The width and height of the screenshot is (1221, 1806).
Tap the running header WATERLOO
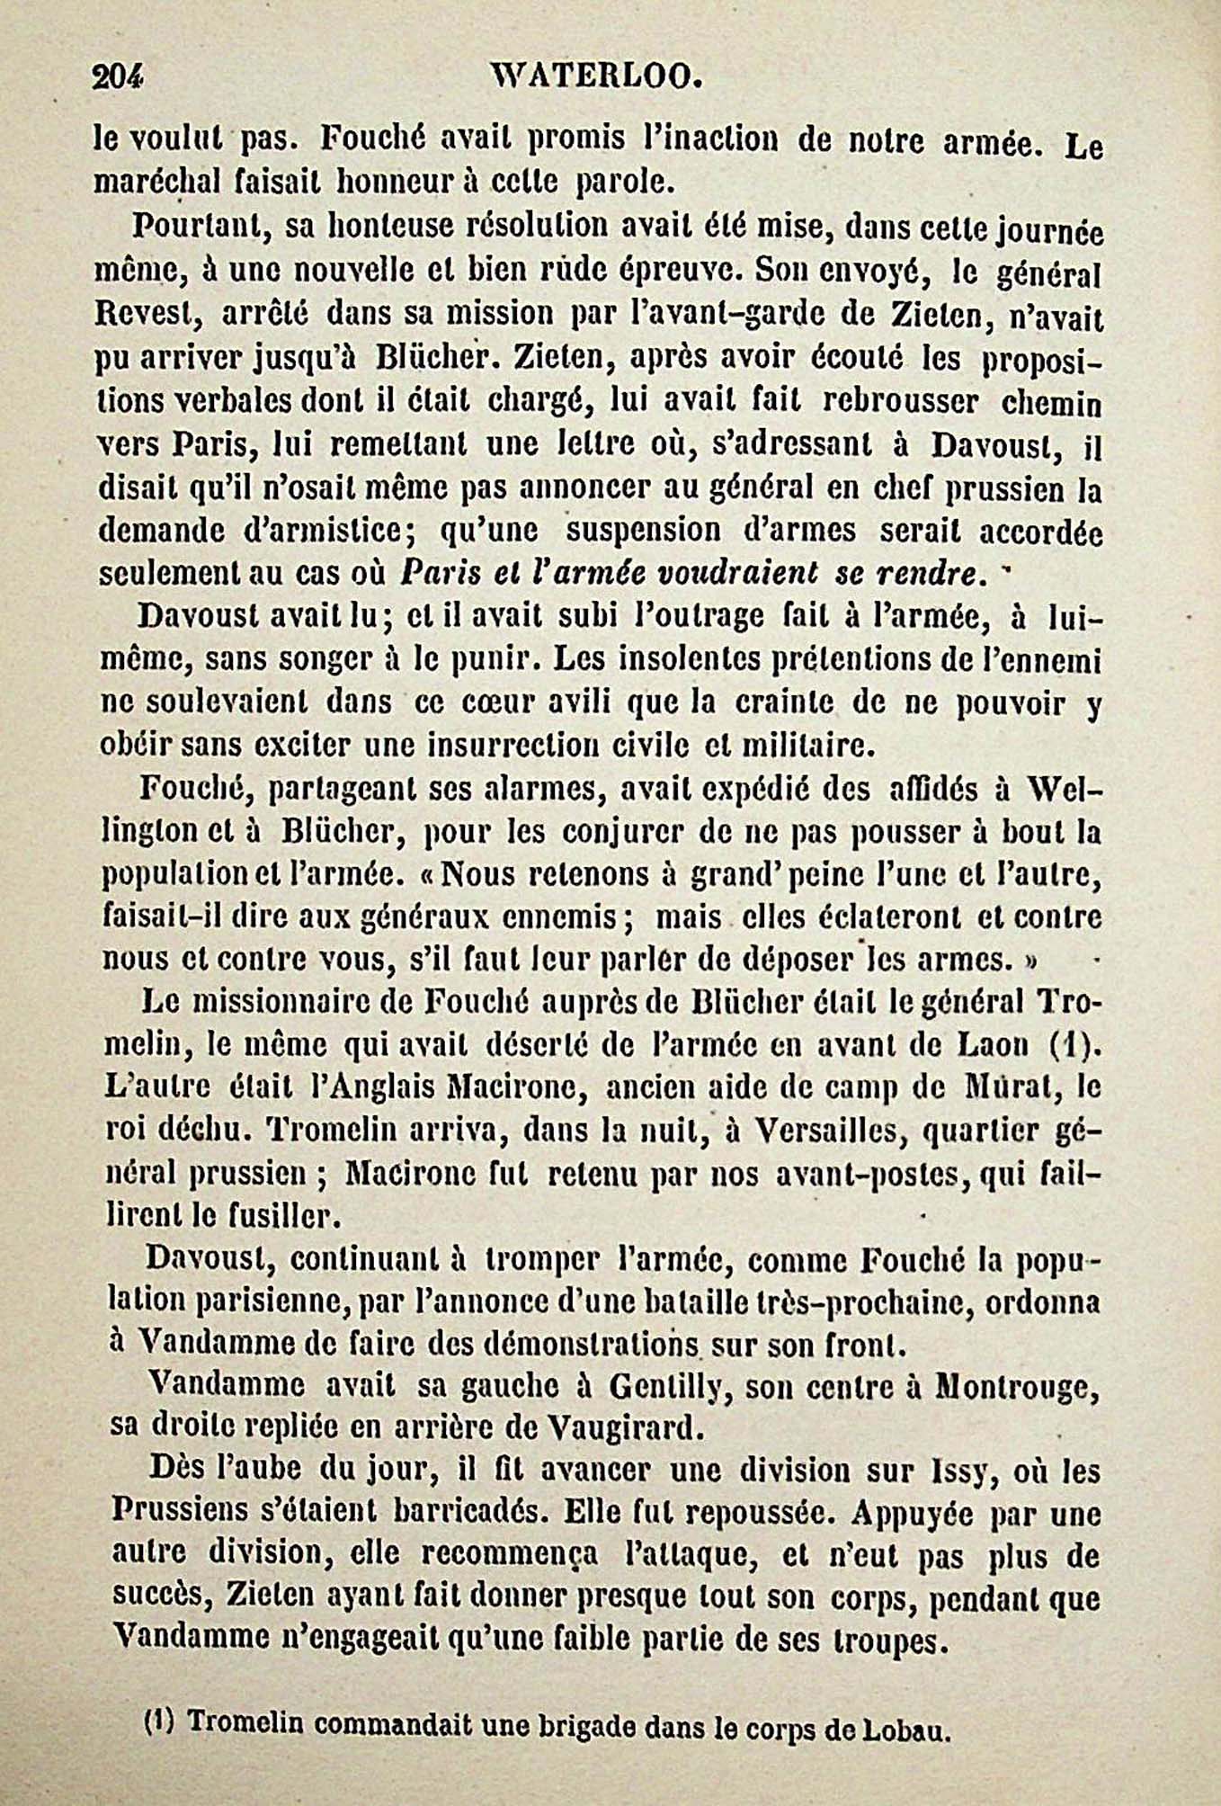pos(593,78)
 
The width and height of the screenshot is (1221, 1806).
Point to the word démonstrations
pos(593,1346)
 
